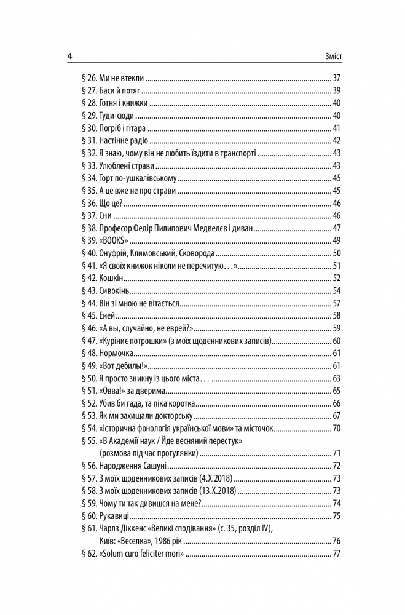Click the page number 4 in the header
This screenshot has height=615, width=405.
[x=69, y=56]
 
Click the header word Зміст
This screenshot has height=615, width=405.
[x=330, y=56]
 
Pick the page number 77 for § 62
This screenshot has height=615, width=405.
[x=336, y=554]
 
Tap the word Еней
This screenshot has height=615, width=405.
[x=108, y=315]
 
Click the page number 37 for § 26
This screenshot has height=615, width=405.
[x=336, y=78]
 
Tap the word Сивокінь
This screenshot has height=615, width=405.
[x=114, y=290]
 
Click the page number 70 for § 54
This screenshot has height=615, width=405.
[x=336, y=428]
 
